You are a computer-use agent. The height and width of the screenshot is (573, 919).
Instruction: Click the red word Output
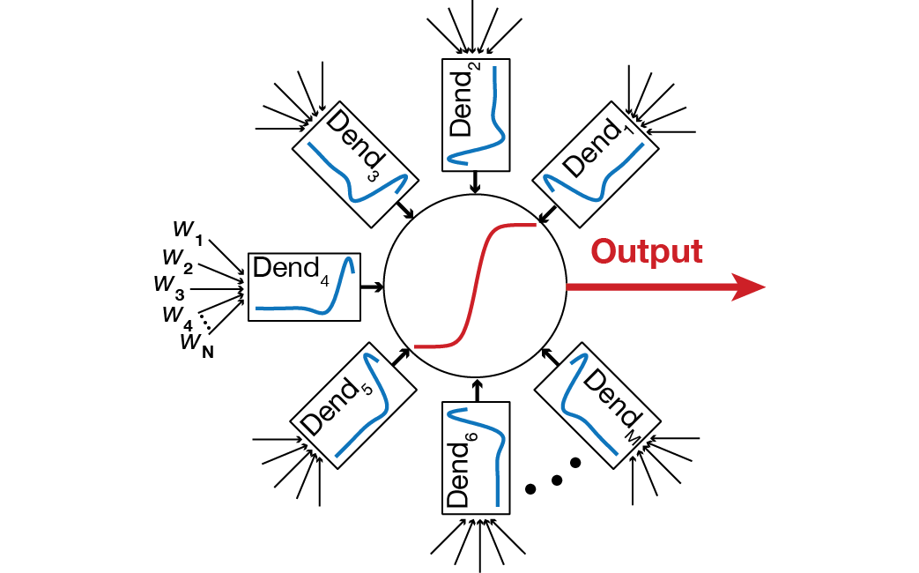click(647, 251)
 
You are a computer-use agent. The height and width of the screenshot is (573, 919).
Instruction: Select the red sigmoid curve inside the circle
click(477, 286)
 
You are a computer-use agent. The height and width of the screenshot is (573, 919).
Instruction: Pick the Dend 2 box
click(476, 114)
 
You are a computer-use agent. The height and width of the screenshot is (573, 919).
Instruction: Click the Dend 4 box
click(305, 286)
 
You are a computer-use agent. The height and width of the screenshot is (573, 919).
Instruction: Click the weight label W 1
click(187, 230)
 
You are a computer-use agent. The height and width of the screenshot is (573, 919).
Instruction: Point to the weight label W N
click(196, 342)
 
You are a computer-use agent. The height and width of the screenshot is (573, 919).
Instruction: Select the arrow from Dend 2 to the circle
click(476, 182)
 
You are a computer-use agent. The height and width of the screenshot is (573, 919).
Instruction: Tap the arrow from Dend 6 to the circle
click(477, 389)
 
